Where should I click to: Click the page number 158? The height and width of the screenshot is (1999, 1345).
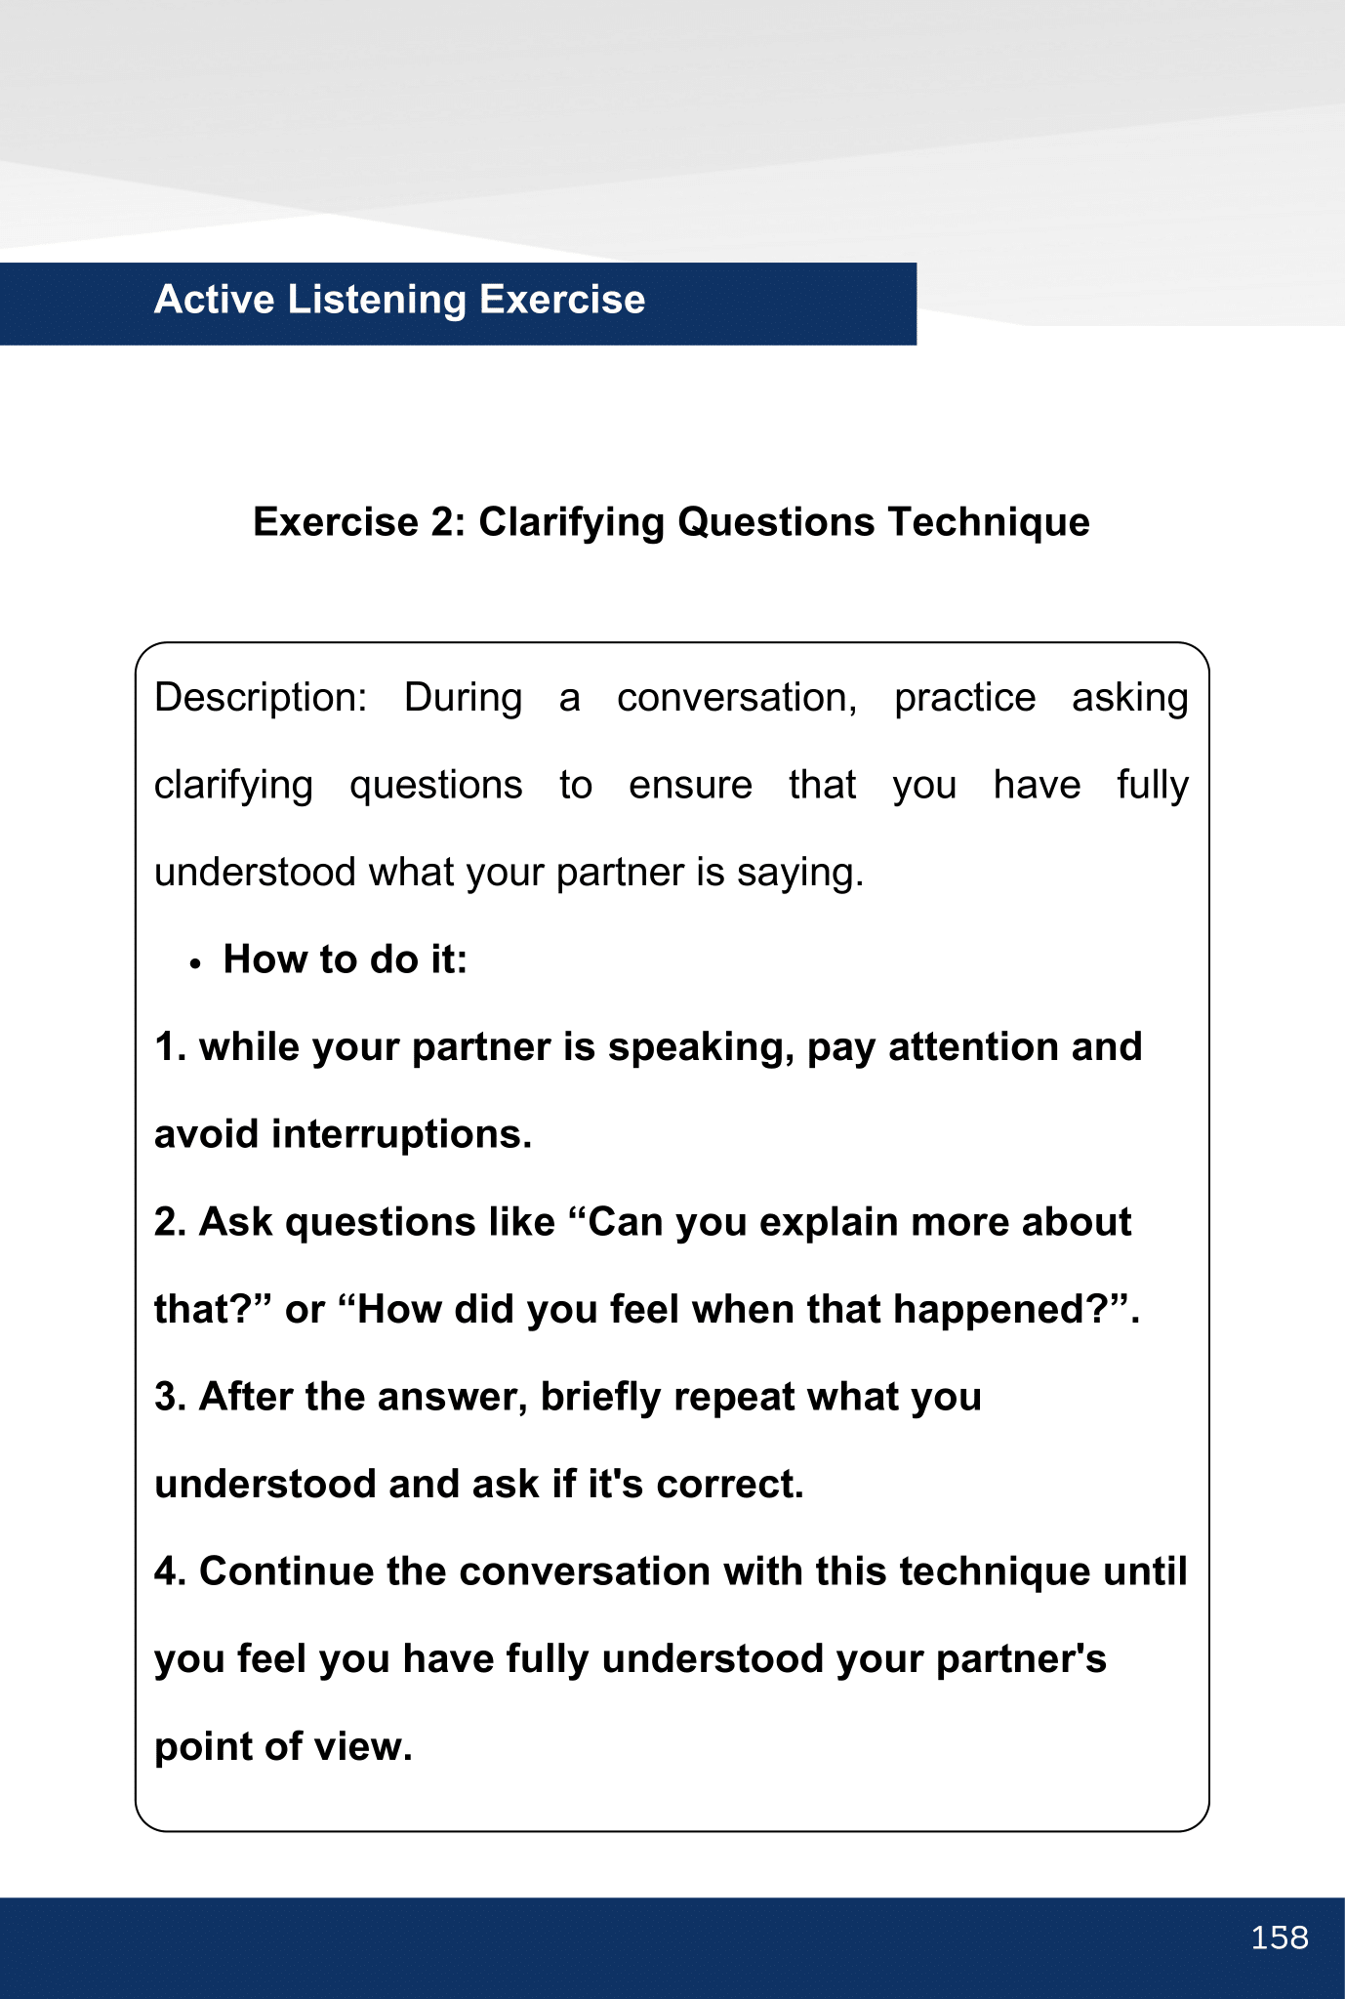point(1279,1938)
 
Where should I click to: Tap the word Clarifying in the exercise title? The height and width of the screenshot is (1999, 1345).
point(571,522)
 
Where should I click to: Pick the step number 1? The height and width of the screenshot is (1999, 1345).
point(169,1047)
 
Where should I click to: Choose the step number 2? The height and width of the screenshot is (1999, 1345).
point(169,1222)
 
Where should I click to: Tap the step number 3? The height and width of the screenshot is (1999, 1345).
point(169,1397)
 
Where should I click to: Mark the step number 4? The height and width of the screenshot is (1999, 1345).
point(169,1572)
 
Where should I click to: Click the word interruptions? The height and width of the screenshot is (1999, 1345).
point(401,1134)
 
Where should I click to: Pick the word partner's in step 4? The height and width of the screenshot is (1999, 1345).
point(1021,1659)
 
